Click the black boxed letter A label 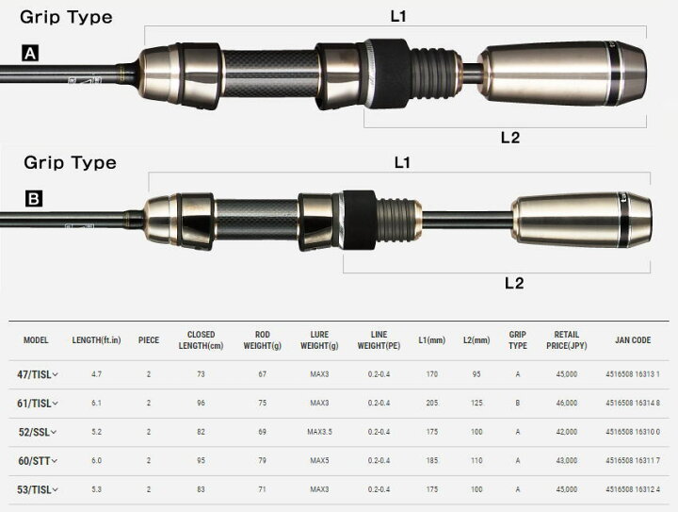(x=30, y=53)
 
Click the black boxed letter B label (x=34, y=199)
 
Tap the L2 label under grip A (x=510, y=138)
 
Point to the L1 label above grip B (x=402, y=162)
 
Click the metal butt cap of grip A (x=562, y=74)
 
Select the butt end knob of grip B (x=582, y=220)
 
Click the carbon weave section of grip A (x=270, y=74)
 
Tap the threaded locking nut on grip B (x=397, y=220)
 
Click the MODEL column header (x=36, y=340)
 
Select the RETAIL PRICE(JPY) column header (x=567, y=340)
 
